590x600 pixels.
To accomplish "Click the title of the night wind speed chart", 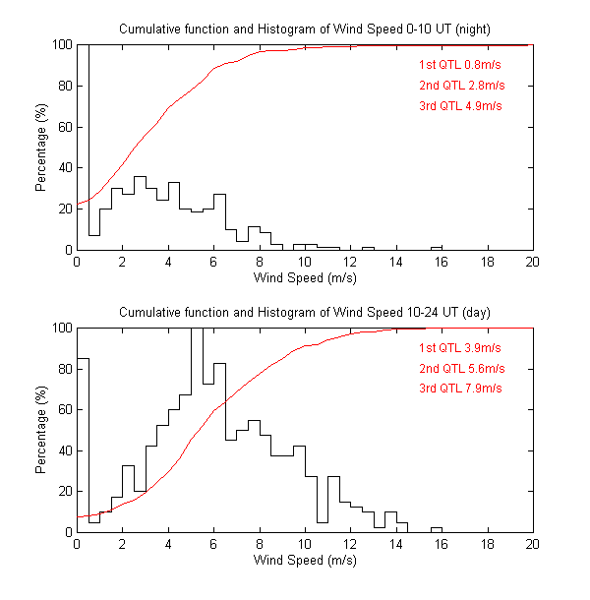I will tap(305, 29).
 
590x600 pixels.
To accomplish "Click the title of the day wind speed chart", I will tap(305, 312).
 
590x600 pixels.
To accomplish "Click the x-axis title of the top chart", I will tap(305, 278).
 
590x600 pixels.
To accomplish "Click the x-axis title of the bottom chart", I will tap(305, 562).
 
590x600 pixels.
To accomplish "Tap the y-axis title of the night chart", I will tap(41, 148).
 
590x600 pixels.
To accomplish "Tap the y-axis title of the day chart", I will tap(41, 430).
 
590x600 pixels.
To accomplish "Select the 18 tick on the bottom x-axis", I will tap(487, 546).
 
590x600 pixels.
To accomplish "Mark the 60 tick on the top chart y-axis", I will tap(62, 127).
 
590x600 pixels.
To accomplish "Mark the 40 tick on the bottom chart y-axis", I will tap(62, 450).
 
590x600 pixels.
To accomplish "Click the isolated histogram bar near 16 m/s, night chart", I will tap(437, 248).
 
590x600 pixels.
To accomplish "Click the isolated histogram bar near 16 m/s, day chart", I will tap(437, 530).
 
